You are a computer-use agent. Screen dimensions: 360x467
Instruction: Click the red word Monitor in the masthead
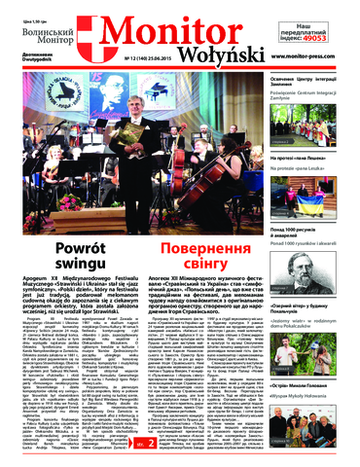(x=170, y=26)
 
